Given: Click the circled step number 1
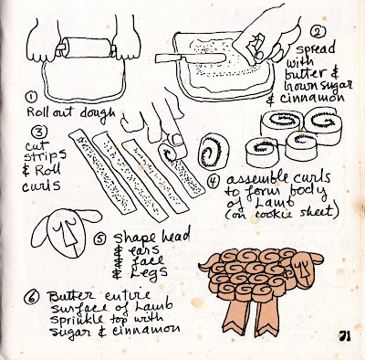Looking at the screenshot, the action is (31, 99).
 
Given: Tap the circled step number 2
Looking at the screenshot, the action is (318, 32).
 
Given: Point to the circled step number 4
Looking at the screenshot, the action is (213, 182).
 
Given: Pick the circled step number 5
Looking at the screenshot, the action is (100, 238).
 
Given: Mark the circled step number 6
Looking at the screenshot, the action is (32, 296).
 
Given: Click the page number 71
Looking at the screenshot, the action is (344, 336).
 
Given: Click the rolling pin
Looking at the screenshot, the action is (86, 48).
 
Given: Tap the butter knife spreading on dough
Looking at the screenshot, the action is (190, 58).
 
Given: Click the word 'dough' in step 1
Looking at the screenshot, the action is (98, 113).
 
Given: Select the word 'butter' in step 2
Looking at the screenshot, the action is (305, 74).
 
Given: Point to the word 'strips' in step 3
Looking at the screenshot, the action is (45, 156).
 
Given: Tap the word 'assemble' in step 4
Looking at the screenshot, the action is (256, 179).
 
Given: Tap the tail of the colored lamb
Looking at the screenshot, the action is (207, 264).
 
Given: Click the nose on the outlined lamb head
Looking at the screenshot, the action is (68, 234).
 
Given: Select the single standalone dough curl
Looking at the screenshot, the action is (213, 151).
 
